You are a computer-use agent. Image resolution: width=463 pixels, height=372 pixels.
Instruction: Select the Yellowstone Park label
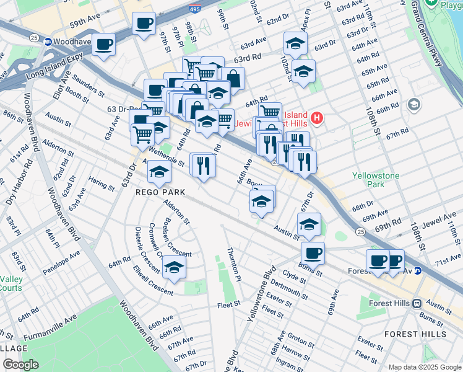(x=376, y=180)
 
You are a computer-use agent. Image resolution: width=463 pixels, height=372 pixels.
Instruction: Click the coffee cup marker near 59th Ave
(x=144, y=24)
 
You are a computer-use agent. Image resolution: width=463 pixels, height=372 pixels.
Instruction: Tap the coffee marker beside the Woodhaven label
(x=104, y=44)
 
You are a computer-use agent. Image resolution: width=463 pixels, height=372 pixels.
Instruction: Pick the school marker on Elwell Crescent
(x=174, y=267)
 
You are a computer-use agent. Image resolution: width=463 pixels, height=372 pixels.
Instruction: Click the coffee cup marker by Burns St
(x=313, y=253)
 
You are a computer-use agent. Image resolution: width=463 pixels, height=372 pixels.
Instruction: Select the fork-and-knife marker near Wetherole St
(x=202, y=165)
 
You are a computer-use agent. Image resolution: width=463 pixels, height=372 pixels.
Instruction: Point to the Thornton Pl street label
(x=233, y=261)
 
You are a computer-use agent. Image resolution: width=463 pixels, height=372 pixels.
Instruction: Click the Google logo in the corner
(x=21, y=365)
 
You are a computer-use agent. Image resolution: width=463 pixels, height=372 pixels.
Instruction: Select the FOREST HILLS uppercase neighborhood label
(x=415, y=334)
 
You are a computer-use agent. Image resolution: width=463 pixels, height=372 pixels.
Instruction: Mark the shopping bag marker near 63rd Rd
(x=233, y=78)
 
